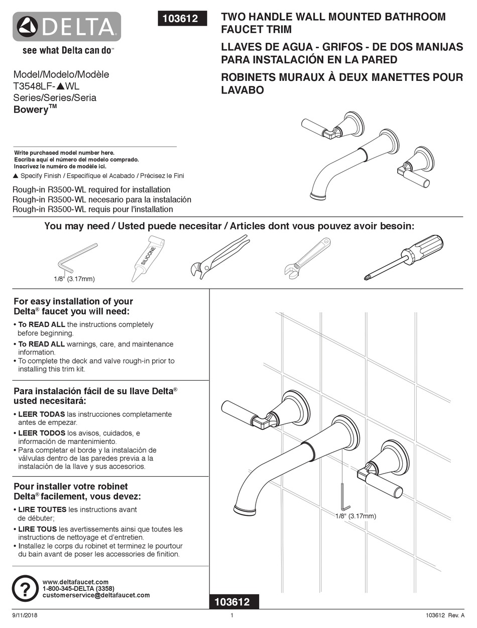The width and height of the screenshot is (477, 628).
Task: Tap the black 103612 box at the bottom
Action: [x=234, y=601]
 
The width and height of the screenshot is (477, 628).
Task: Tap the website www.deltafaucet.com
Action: [x=75, y=582]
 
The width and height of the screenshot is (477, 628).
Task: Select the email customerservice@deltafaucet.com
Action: [x=96, y=595]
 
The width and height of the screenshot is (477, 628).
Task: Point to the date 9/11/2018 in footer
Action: [x=25, y=616]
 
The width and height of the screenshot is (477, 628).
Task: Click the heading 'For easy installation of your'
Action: [x=73, y=302]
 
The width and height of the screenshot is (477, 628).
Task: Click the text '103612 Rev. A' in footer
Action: [x=441, y=616]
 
